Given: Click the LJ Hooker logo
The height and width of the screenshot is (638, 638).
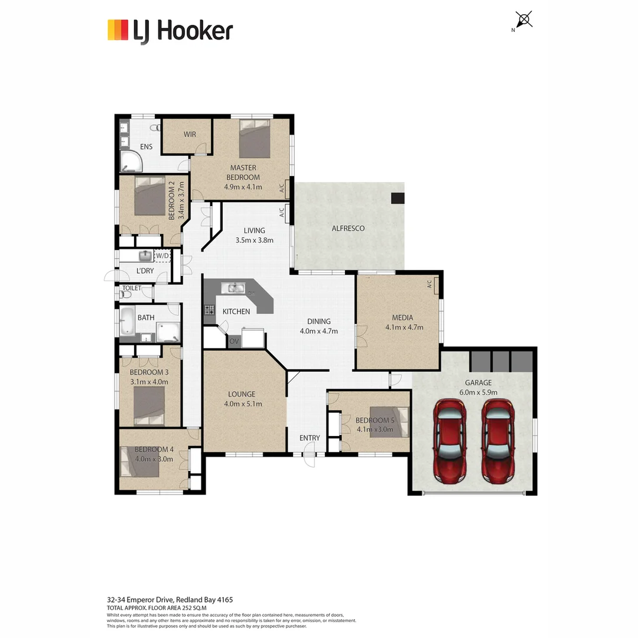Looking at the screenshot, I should (170, 30).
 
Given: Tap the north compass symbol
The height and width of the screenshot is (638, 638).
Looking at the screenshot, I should (524, 19).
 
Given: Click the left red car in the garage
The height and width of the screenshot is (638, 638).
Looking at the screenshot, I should (450, 440).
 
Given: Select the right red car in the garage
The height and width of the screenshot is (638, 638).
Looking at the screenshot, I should (497, 440).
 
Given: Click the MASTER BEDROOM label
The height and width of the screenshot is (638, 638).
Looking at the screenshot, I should (243, 172).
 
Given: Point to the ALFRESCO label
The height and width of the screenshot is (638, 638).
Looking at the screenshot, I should (348, 228).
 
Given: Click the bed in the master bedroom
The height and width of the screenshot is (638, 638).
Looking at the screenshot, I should (255, 139).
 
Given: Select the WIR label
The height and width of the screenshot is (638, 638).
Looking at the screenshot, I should (190, 134).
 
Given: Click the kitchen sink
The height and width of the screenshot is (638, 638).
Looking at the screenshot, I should (233, 288).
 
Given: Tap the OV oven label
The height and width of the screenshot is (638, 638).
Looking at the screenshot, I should (233, 341).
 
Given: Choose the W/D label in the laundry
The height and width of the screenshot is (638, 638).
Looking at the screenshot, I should (161, 255).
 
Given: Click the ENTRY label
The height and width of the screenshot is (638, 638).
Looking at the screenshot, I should (310, 438).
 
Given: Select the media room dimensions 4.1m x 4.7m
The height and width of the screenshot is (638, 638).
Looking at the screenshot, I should (404, 327).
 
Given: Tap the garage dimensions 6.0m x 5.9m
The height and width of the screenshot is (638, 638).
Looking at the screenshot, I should (478, 392).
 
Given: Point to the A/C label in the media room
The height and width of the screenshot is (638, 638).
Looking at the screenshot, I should (430, 285).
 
